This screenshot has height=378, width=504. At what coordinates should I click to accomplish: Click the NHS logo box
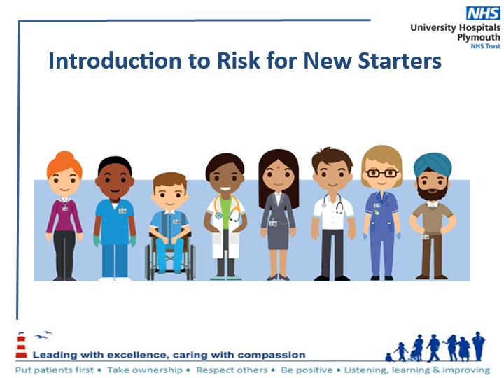tap(483, 13)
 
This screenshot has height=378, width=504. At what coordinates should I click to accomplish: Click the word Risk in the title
tap(239, 61)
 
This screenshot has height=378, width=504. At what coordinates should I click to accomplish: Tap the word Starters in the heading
tap(400, 61)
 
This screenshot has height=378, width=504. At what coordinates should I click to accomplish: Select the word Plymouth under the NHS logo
tap(479, 37)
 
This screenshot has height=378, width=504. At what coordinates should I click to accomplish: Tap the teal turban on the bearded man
tap(433, 164)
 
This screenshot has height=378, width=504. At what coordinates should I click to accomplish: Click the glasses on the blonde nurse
tap(382, 174)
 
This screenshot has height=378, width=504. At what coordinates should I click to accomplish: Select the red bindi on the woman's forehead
tap(278, 167)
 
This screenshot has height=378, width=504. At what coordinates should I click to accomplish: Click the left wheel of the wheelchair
tap(148, 262)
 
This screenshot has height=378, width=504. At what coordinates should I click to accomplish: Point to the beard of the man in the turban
tap(433, 191)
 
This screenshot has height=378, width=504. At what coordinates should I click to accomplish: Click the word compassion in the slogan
tap(272, 355)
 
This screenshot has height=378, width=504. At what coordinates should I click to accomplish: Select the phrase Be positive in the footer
tap(307, 370)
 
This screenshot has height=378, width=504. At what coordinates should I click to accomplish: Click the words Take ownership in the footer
tap(145, 370)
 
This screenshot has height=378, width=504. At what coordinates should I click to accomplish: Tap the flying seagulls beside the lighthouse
tap(43, 335)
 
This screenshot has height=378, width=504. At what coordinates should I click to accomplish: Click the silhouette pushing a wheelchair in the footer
tap(417, 348)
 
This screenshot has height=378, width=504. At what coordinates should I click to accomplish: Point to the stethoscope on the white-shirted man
tap(333, 203)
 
